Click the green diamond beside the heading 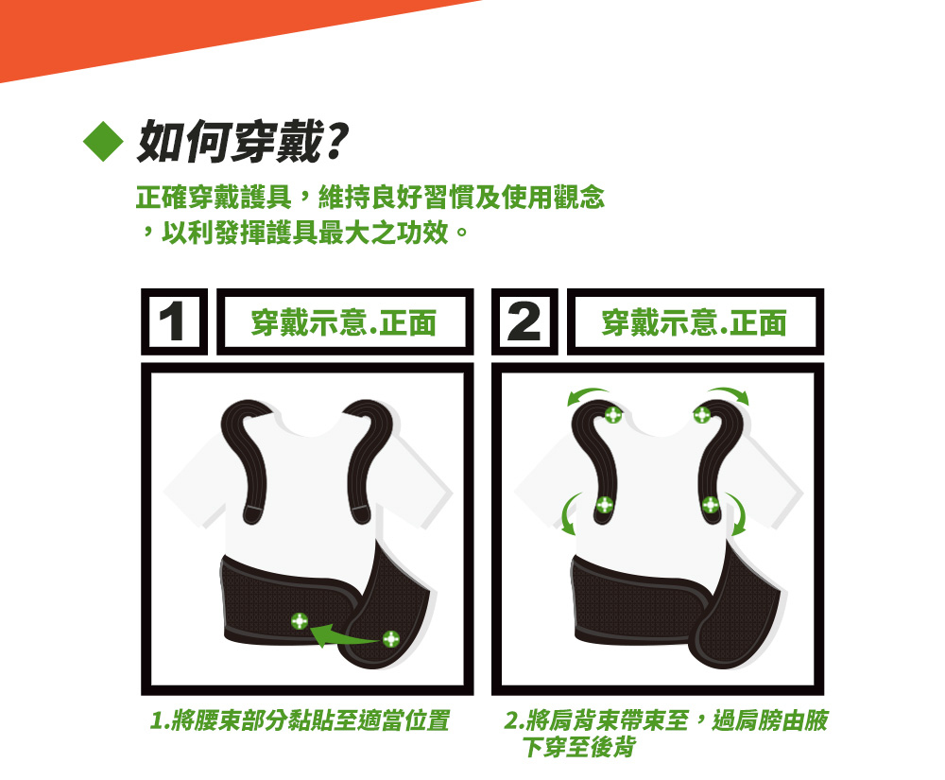coord(103,141)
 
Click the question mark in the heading coord(337,141)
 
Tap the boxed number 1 coord(174,321)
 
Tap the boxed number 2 coord(524,321)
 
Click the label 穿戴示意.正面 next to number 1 coord(344,322)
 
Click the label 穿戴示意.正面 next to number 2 coord(695,322)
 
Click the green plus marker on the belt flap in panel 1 coord(391,638)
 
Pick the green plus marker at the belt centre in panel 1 coord(300,621)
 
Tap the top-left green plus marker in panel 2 coord(613,415)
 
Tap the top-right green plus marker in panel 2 coord(702,415)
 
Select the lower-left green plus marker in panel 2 coord(605,505)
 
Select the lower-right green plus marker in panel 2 coord(711,505)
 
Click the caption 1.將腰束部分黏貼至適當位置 coord(300,720)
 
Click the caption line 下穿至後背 coord(578,748)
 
